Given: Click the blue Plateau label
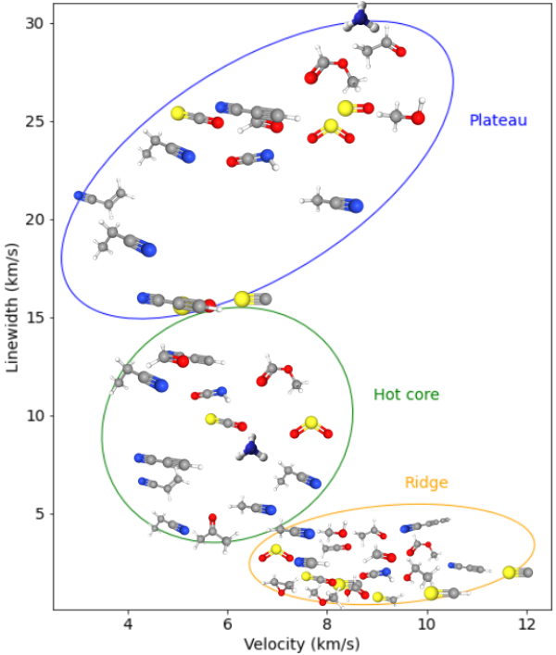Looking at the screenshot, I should coord(498,120).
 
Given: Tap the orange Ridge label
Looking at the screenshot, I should coord(426,483).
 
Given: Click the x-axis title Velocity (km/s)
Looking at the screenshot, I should coord(301,643).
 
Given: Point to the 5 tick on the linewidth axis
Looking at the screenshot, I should coord(38,513).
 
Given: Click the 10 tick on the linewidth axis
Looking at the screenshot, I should coord(34,415).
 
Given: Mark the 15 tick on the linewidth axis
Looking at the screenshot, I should coord(34,318).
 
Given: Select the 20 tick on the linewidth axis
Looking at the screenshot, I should coord(34,220).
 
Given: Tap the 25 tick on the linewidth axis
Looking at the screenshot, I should coord(34,121).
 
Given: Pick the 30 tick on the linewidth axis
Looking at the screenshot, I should coord(34,23).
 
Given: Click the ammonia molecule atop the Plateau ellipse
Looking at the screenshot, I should coord(360,17).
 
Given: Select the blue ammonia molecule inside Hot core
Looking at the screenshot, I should coord(250,449).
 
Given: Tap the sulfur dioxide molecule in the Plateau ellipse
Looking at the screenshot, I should coord(331,132).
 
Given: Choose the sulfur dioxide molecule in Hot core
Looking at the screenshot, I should coord(311,427).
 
